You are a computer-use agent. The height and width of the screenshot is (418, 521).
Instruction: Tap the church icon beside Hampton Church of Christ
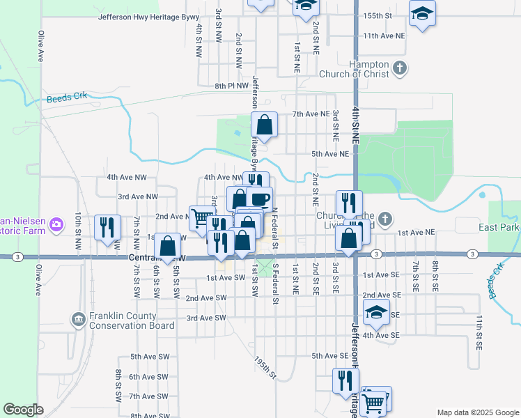click(x=399, y=68)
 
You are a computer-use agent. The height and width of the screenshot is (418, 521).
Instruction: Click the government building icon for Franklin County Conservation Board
click(x=78, y=319)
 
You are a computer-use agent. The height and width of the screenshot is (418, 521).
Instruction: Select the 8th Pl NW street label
click(x=231, y=86)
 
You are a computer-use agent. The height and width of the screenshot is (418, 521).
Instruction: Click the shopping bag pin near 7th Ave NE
click(x=265, y=125)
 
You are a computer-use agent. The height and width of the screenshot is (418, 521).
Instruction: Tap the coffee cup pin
click(x=259, y=199)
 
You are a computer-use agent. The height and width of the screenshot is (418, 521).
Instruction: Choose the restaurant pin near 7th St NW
click(x=107, y=227)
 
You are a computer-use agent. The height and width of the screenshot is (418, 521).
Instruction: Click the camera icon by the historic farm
click(x=57, y=224)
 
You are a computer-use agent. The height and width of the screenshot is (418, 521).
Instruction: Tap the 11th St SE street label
click(x=479, y=332)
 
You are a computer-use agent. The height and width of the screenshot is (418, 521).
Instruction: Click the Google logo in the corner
click(x=23, y=410)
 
